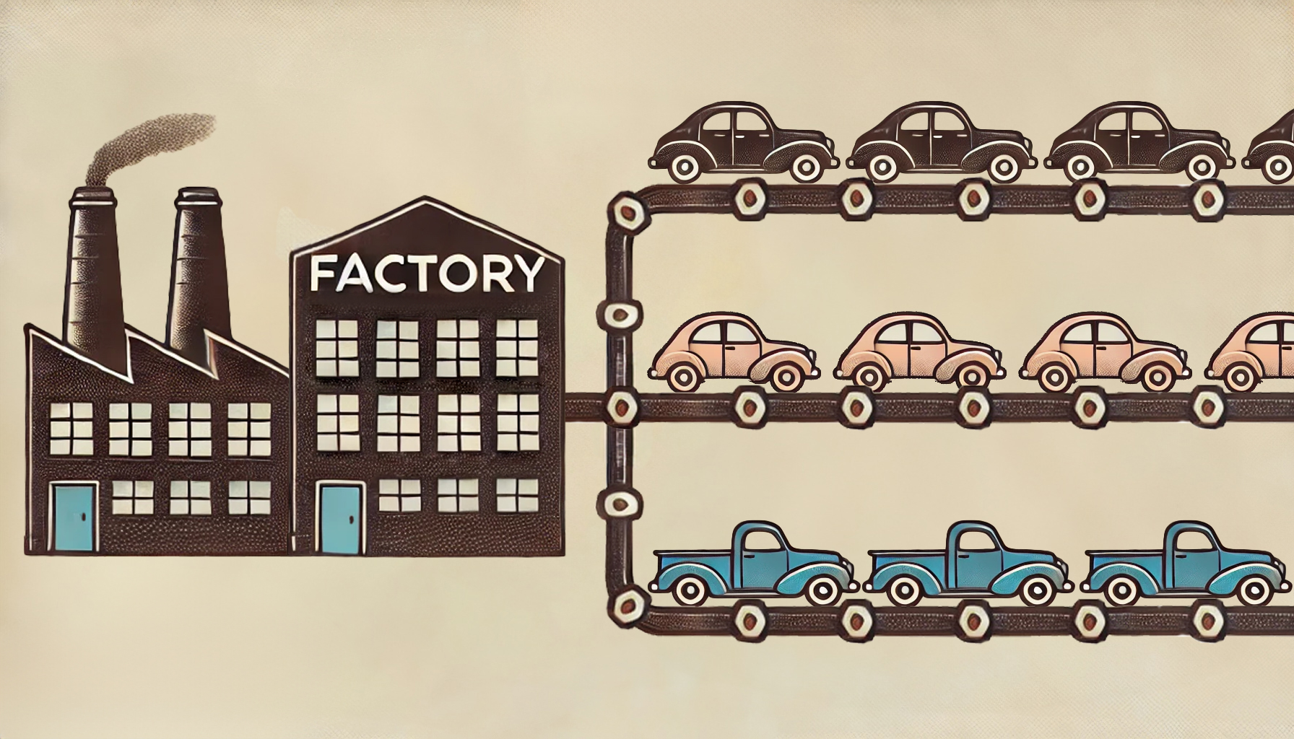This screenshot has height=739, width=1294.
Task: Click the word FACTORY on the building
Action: tap(426, 273)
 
